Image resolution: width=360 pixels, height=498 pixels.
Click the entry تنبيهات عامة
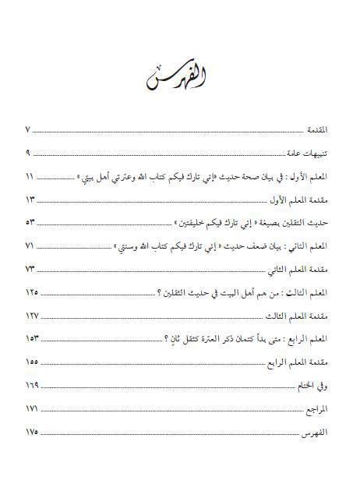pos(312,153)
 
